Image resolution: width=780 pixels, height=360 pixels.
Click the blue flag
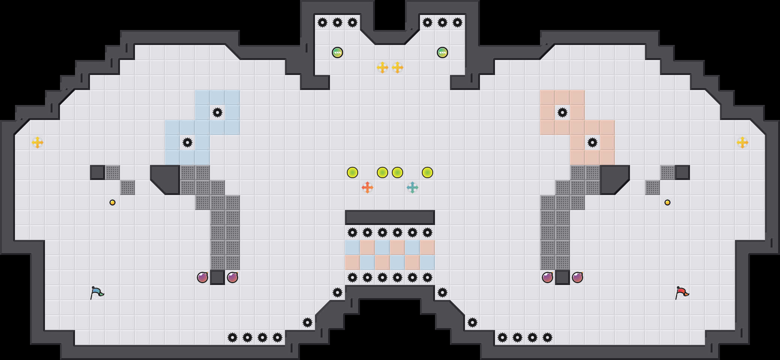point(97,292)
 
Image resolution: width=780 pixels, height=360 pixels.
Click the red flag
point(682,292)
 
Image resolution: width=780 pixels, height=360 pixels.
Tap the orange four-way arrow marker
point(367,187)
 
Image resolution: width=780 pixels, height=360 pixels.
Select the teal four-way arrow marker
point(412,187)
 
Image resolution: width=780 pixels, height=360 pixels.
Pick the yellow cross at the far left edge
point(37,142)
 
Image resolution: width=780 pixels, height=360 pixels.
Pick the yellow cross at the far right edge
point(742,142)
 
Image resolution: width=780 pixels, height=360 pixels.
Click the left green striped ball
point(337,52)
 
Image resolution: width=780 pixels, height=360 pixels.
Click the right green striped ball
point(442,52)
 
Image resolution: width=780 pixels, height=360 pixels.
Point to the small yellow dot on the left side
point(112,202)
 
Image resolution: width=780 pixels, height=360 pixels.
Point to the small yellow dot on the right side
point(667,202)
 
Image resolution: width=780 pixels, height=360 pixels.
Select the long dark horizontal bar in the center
point(390,217)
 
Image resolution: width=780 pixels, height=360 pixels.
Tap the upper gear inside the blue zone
point(217,112)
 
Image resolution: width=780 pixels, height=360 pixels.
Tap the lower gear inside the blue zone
point(187,142)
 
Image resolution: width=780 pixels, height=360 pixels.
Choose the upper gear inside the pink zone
point(562,112)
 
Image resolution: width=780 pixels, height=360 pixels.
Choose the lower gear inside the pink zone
point(592,142)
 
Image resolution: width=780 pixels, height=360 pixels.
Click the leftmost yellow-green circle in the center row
point(352,172)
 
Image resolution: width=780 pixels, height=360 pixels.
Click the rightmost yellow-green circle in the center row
point(427,172)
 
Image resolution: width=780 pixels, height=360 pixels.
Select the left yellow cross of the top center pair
point(382,67)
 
